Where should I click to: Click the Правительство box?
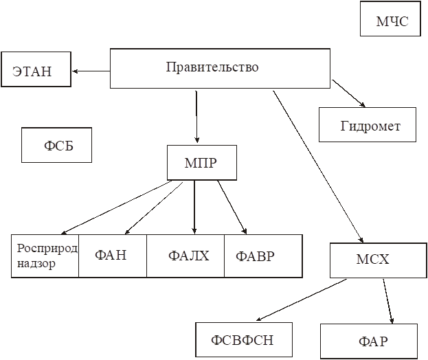pyautogui.click(x=220, y=68)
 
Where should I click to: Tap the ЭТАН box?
pyautogui.click(x=36, y=69)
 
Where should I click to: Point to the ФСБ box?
pyautogui.click(x=57, y=146)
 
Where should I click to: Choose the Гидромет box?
pyautogui.click(x=368, y=125)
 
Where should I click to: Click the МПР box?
pyautogui.click(x=202, y=163)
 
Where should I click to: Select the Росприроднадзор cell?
pyautogui.click(x=45, y=256)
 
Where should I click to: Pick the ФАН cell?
pyautogui.click(x=112, y=256)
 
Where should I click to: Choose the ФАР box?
pyautogui.click(x=368, y=341)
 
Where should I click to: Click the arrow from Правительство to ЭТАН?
pyautogui.click(x=91, y=71)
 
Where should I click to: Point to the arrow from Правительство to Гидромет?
pyautogui.click(x=348, y=93)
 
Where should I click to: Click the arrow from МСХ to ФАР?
pyautogui.click(x=388, y=300)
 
